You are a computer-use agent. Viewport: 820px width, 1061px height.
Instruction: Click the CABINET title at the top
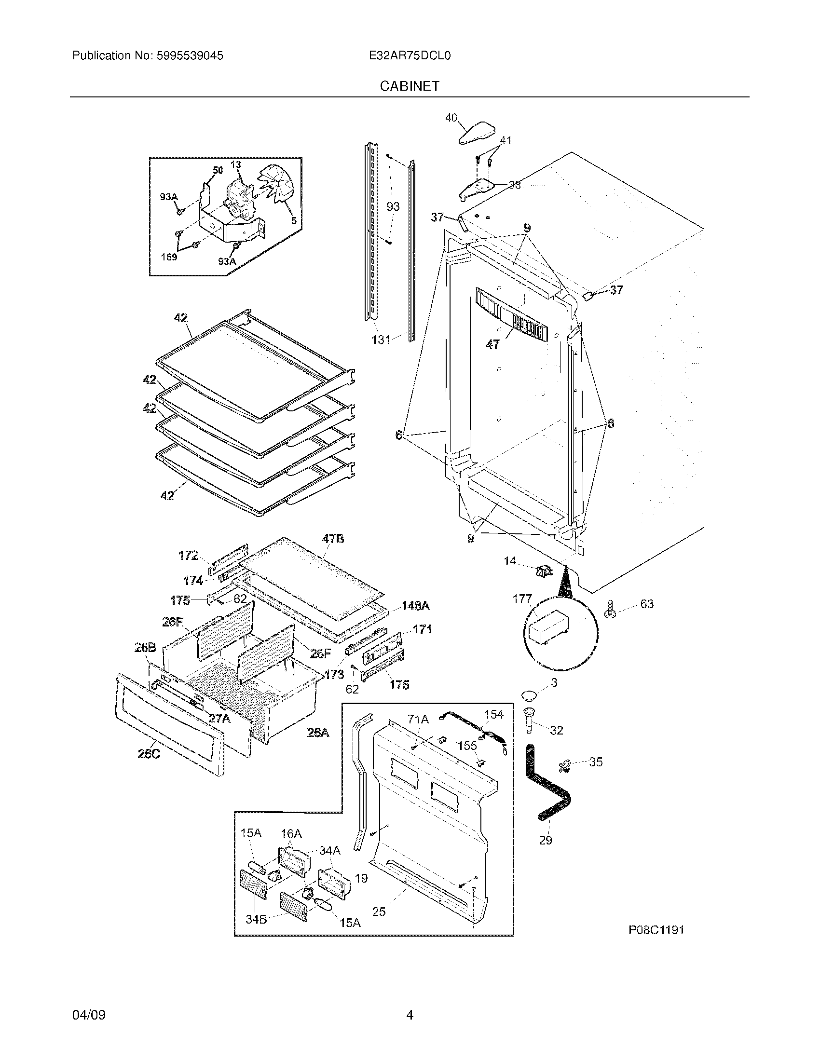click(410, 86)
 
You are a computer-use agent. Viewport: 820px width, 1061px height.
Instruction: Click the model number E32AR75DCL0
click(410, 56)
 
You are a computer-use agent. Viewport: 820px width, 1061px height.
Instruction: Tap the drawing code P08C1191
click(656, 930)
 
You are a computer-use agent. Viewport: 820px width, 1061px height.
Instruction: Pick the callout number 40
click(451, 118)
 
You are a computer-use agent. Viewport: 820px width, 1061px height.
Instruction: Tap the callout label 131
click(382, 340)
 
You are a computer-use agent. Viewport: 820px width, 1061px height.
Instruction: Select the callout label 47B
click(333, 538)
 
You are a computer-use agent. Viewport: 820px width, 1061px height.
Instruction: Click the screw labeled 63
click(610, 608)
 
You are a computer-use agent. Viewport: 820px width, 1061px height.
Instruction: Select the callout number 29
click(546, 840)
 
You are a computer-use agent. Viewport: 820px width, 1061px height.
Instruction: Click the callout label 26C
click(146, 768)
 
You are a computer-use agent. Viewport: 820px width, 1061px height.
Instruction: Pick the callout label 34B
click(256, 919)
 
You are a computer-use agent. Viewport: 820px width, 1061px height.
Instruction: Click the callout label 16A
click(291, 834)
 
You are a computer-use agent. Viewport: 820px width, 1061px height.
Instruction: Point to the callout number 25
click(379, 911)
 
